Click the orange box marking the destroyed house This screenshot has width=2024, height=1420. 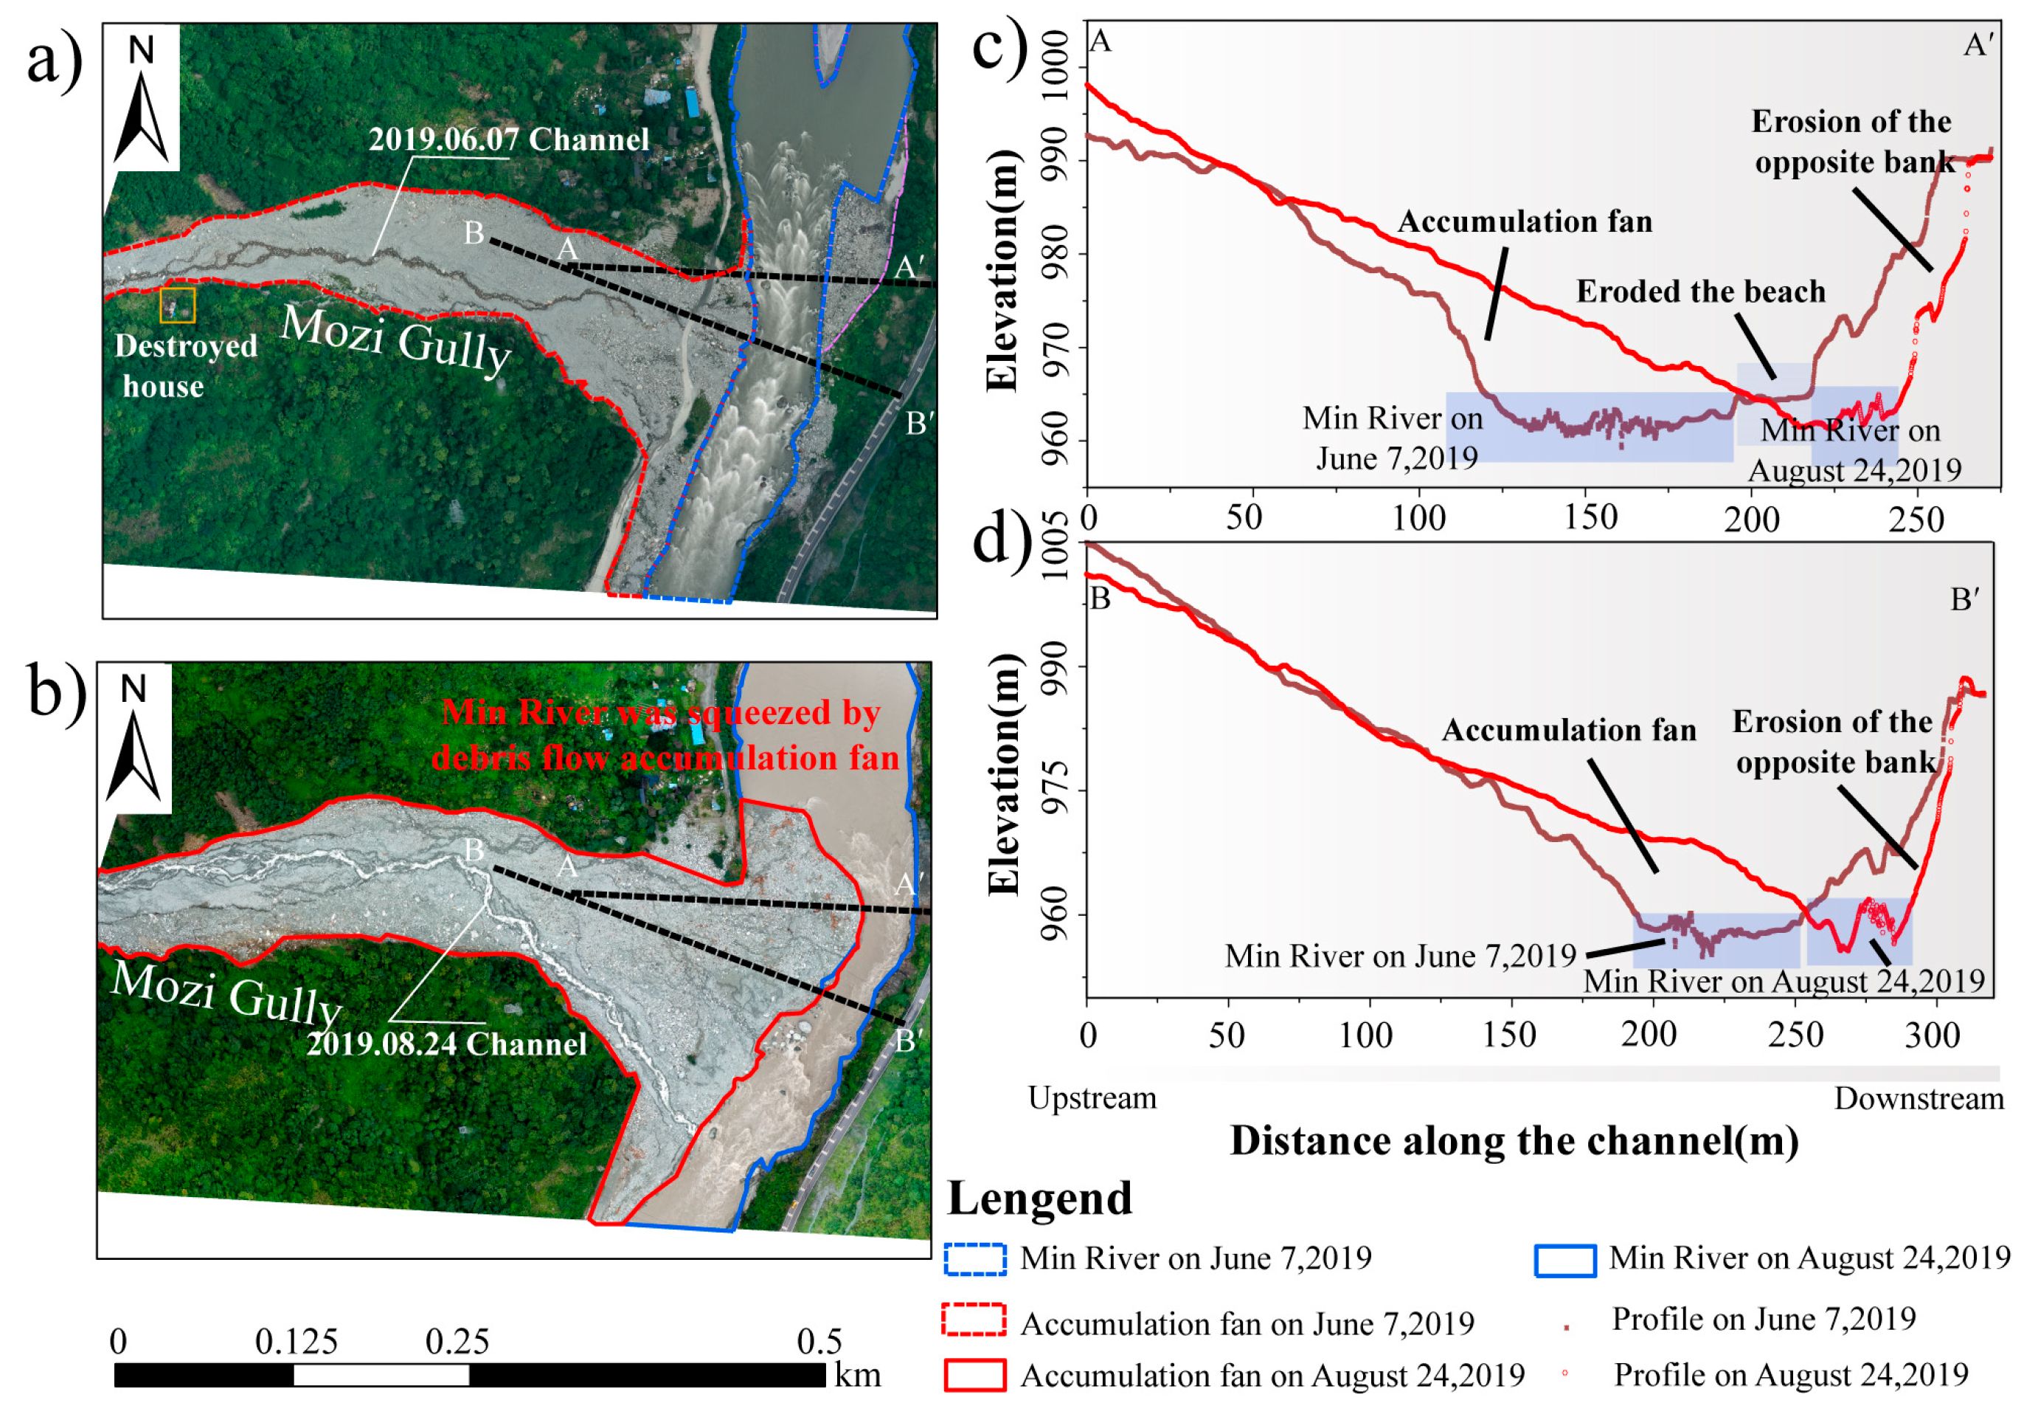[x=177, y=305]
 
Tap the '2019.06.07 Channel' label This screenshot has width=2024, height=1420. [x=509, y=139]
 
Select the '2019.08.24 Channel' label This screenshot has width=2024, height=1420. [x=446, y=1044]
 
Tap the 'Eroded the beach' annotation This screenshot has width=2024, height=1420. [x=1700, y=292]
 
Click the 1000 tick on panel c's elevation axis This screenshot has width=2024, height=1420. [x=1056, y=55]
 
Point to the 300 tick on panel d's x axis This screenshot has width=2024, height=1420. [x=1933, y=1035]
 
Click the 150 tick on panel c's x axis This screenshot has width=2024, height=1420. [x=1591, y=517]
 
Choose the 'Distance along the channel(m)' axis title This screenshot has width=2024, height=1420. [x=1514, y=1141]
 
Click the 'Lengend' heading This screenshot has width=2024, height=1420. [x=1039, y=1199]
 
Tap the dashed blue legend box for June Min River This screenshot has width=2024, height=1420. [x=975, y=1260]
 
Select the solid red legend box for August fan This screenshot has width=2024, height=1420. [x=975, y=1375]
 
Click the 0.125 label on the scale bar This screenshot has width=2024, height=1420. [x=297, y=1342]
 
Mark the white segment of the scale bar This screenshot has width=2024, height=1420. [x=381, y=1375]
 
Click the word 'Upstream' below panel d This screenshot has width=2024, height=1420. [x=1092, y=1098]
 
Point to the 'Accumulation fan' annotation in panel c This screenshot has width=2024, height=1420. [x=1525, y=221]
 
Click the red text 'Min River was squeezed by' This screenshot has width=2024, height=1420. [x=660, y=713]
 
